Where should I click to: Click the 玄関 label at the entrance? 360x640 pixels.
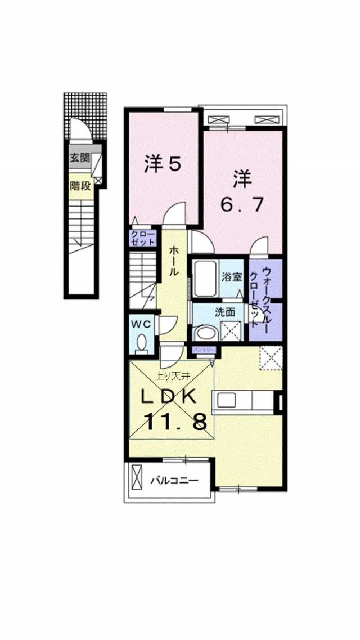[x=79, y=158]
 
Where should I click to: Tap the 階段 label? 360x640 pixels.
[x=80, y=185]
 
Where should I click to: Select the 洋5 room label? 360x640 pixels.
[x=162, y=164]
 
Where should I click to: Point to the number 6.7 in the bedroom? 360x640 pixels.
[x=242, y=205]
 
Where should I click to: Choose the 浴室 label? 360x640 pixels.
[x=232, y=277]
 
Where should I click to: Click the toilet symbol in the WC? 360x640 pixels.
[x=142, y=343]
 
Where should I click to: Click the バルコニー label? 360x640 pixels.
[x=173, y=481]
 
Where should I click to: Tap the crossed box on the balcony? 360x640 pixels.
[x=137, y=478]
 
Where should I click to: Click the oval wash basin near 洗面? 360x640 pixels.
[x=203, y=333]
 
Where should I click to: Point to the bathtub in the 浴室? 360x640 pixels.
[x=205, y=279]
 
